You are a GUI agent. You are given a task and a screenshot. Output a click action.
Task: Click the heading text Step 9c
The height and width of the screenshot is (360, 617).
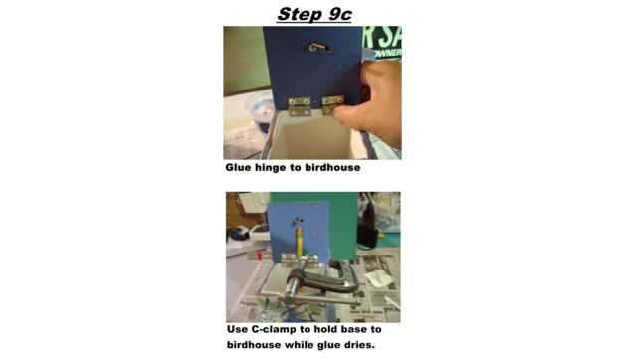[314, 15]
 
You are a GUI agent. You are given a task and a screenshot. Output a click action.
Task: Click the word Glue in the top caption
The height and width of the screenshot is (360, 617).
[238, 167]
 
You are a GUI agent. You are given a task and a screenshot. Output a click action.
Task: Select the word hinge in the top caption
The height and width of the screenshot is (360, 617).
[270, 168]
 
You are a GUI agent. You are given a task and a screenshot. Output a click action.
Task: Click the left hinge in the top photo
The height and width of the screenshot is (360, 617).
[299, 106]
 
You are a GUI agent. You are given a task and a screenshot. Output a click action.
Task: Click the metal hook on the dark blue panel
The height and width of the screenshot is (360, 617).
[318, 48]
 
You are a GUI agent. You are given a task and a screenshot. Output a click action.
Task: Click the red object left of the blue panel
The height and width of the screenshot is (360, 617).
[259, 255]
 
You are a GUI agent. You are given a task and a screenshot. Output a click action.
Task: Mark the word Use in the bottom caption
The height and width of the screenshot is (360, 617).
[237, 329]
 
